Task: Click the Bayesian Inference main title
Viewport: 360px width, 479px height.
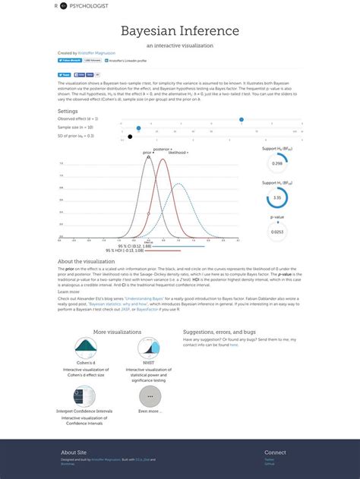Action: point(180,31)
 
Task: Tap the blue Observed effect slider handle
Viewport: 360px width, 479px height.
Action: point(242,120)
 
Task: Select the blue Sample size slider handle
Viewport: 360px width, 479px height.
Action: point(138,128)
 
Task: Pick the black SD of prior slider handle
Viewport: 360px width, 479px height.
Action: point(130,137)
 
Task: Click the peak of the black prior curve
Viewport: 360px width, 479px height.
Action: point(148,157)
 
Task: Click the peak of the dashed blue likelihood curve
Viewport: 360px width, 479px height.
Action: point(177,157)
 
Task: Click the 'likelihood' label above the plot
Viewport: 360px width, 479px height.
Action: point(178,153)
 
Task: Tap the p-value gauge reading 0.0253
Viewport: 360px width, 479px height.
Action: point(277,231)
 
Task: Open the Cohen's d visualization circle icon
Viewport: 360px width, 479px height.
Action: point(86,348)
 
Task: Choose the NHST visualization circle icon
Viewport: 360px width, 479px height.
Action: point(149,348)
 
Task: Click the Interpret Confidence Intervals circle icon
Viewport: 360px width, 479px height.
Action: point(85,396)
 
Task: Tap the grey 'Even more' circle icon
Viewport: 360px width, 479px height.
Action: point(149,396)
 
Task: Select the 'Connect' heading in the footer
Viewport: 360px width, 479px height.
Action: point(275,452)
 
